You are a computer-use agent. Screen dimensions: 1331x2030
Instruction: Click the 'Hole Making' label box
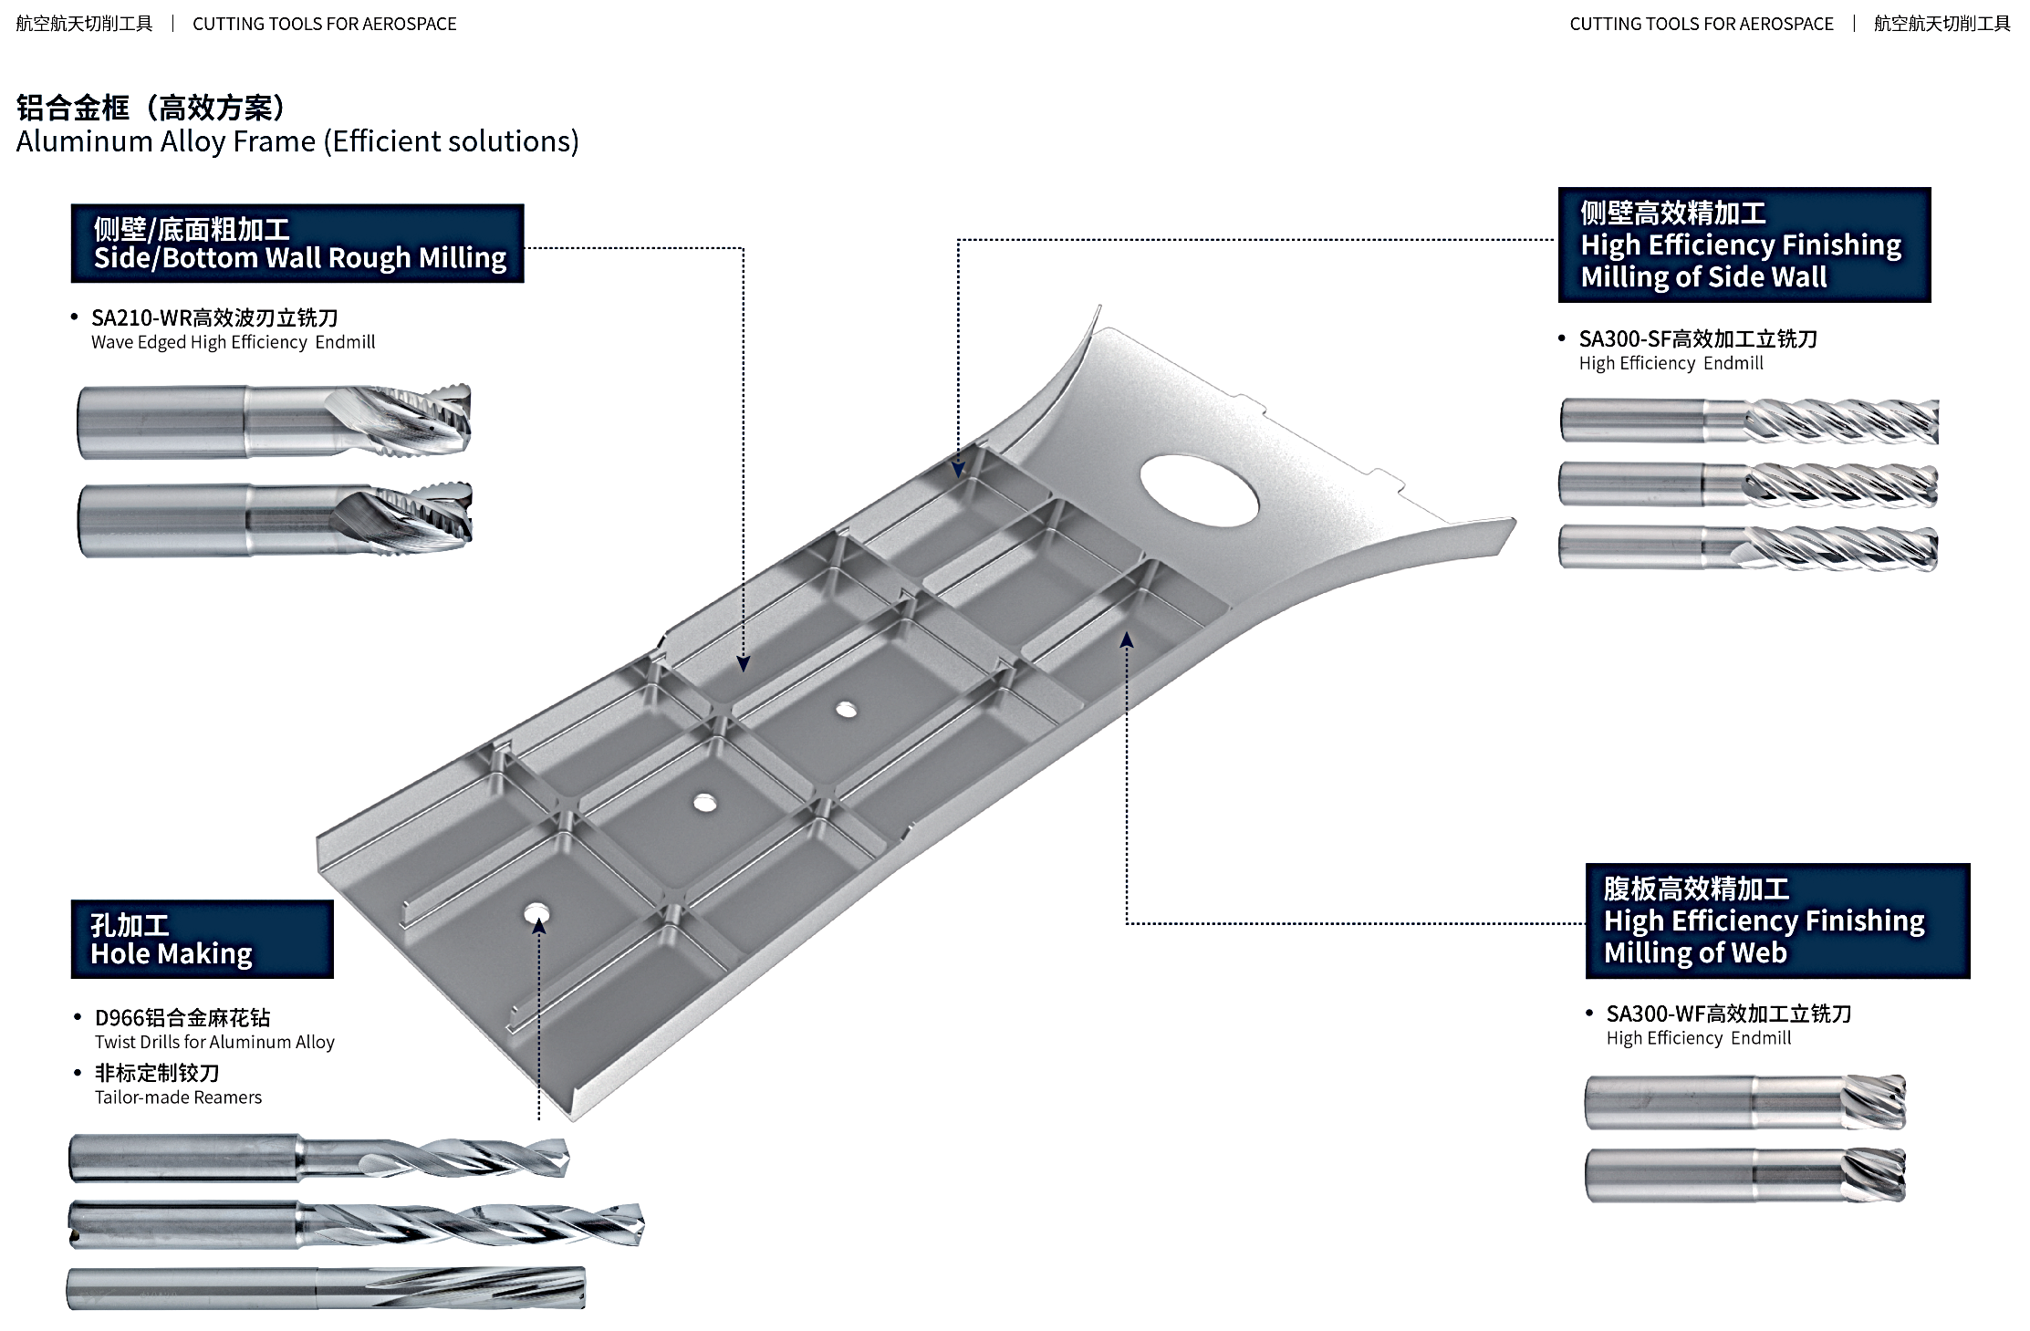[x=202, y=939]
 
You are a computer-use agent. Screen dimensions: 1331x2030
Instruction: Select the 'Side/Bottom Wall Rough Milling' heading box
[x=297, y=244]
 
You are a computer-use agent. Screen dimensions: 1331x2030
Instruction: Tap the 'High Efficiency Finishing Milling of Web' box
[x=1776, y=920]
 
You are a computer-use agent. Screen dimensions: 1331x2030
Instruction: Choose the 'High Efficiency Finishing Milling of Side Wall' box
[x=1744, y=244]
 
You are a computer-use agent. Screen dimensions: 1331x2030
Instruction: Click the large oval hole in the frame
[x=1199, y=491]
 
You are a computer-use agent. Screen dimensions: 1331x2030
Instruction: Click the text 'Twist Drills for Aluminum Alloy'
[x=214, y=1042]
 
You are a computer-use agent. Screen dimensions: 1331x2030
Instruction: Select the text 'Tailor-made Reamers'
[x=178, y=1097]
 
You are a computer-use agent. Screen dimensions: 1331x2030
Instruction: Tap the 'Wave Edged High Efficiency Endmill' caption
[x=233, y=342]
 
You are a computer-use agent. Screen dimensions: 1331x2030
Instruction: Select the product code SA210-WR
[x=141, y=318]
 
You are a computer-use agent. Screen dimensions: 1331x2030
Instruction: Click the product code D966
[x=120, y=1018]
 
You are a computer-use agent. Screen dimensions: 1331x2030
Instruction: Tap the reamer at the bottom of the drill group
[x=326, y=1288]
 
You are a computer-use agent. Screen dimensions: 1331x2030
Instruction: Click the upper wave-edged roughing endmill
[x=274, y=421]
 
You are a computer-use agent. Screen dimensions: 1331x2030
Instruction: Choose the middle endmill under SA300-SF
[x=1746, y=484]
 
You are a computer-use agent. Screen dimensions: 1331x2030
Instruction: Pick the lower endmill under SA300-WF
[x=1744, y=1175]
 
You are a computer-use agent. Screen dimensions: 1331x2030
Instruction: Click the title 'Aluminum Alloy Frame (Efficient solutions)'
[x=297, y=141]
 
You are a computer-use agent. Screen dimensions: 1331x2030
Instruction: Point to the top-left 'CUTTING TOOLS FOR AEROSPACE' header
[x=324, y=24]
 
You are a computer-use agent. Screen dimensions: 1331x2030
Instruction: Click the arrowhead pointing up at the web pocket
[x=1127, y=640]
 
